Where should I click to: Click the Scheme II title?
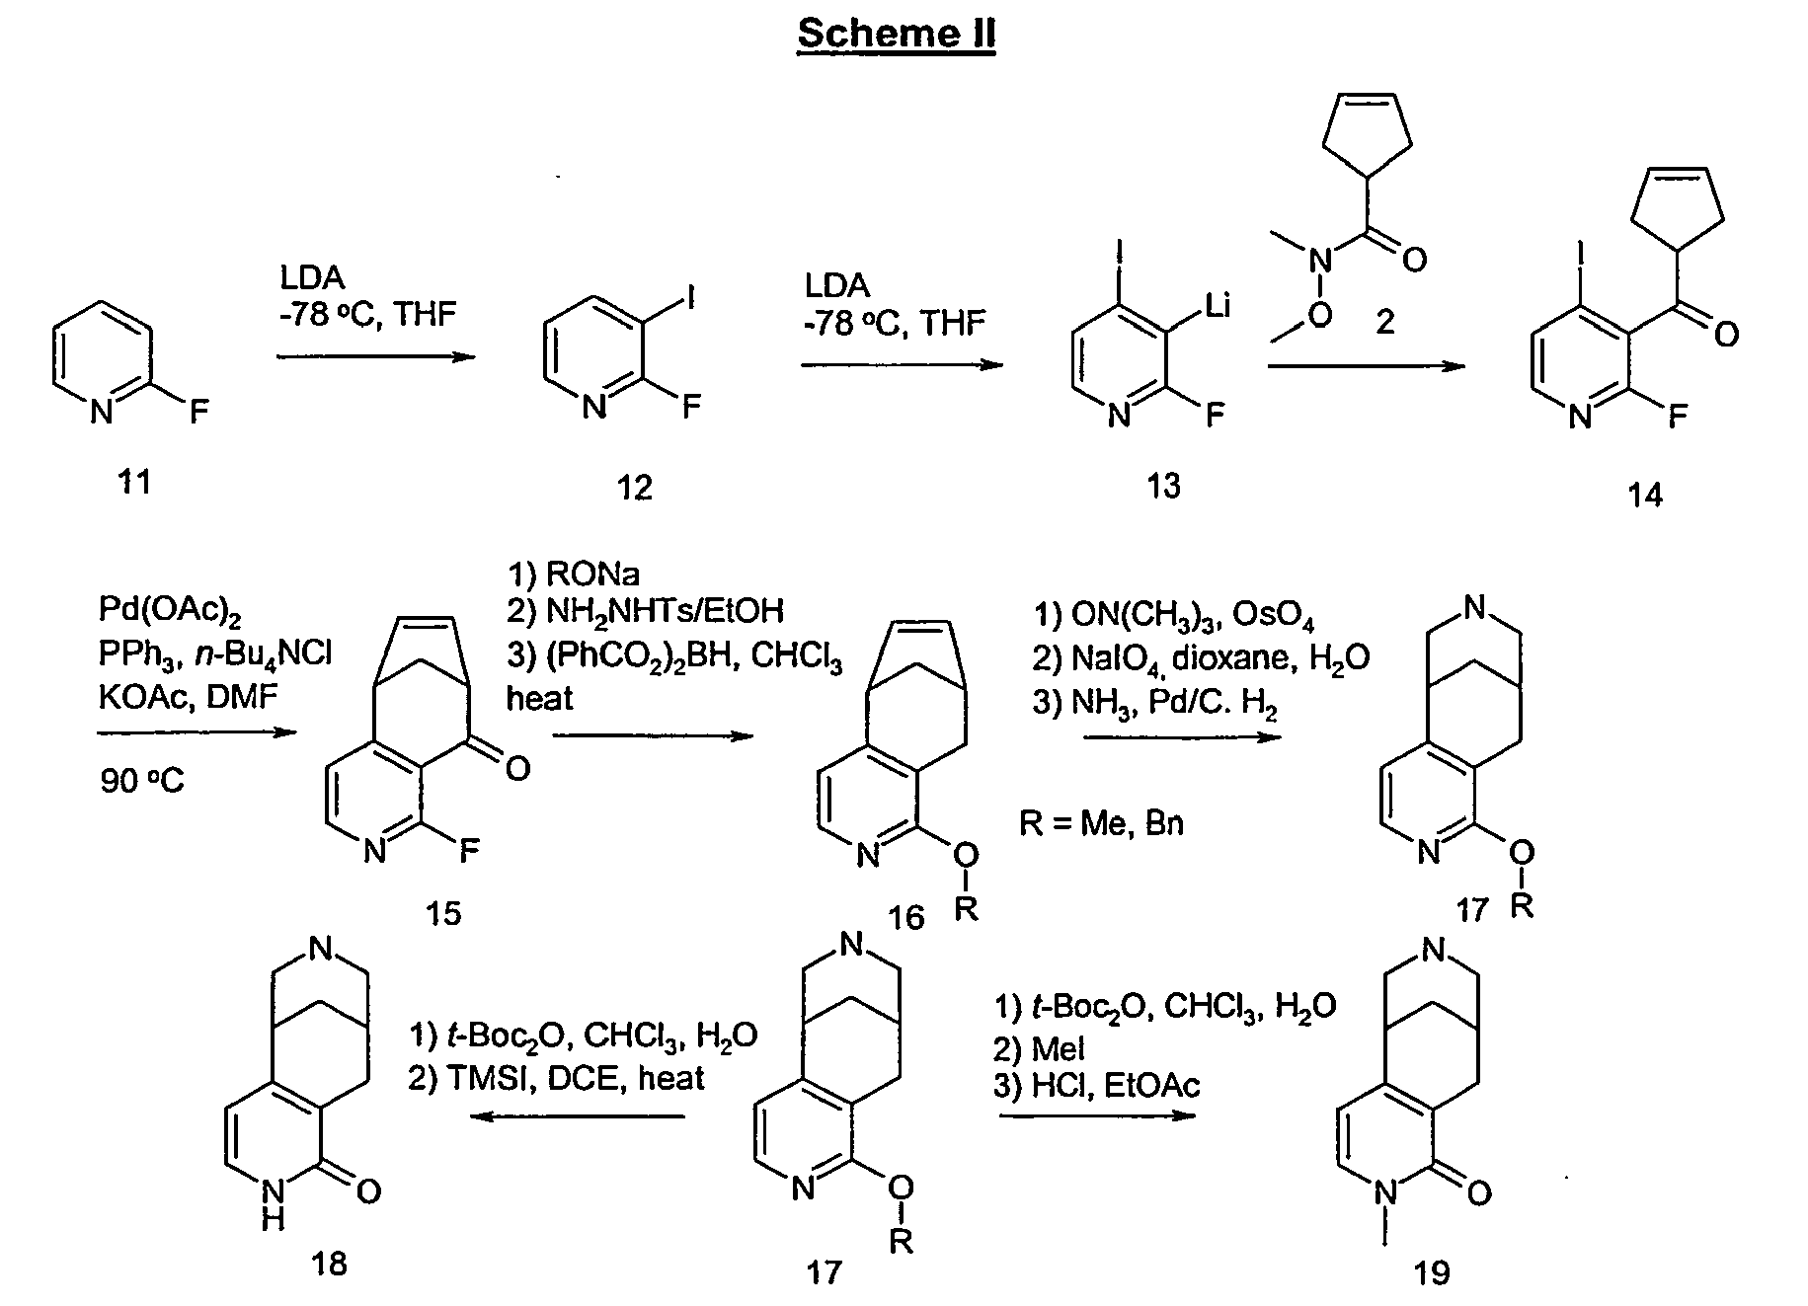(896, 35)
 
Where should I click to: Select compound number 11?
(134, 482)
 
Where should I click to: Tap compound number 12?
(634, 487)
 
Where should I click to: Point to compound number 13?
(1163, 486)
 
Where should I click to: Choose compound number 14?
(1644, 494)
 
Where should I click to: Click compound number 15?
(443, 913)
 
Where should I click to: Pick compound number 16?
(905, 918)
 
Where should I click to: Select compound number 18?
(329, 1263)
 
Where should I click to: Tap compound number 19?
(1432, 1272)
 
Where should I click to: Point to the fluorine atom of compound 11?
(199, 411)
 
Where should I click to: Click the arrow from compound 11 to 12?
(375, 355)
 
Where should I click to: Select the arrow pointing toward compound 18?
(578, 1116)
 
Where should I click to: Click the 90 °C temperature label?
(141, 782)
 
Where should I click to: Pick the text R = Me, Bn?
(1101, 822)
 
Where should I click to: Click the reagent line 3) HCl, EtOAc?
(1096, 1086)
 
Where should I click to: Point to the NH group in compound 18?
(274, 1208)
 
